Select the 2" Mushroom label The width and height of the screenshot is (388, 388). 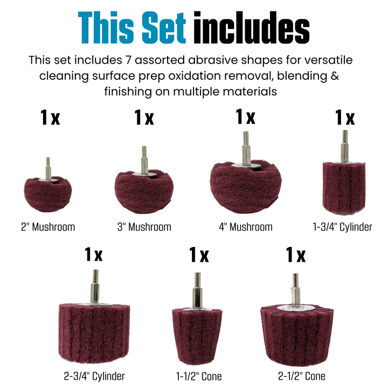tap(47, 227)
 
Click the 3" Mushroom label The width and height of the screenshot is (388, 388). tap(144, 227)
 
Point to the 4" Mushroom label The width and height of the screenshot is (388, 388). tap(245, 227)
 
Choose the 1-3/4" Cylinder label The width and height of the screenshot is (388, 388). tap(342, 227)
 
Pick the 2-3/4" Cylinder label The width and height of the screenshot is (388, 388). tap(94, 376)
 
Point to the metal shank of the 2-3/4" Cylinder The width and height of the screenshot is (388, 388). tap(95, 286)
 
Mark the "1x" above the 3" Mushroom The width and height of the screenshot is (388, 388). tap(144, 117)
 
